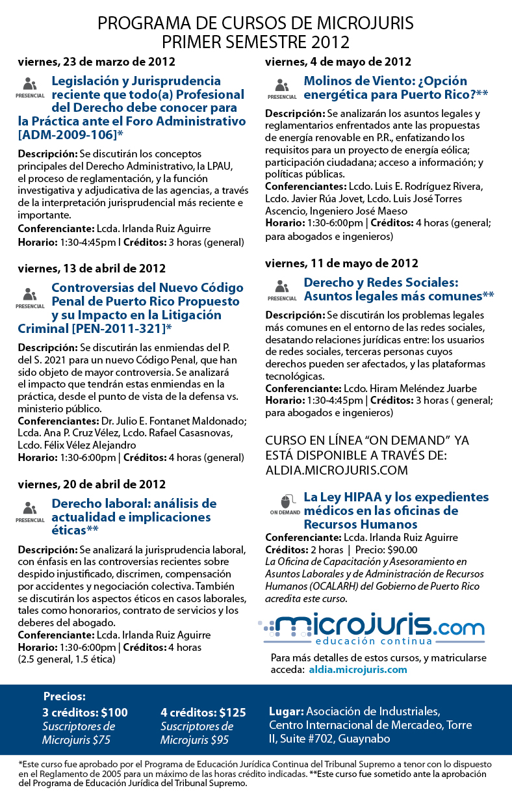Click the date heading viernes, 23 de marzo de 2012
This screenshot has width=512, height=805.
click(96, 62)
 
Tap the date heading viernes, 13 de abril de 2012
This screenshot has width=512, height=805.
click(92, 269)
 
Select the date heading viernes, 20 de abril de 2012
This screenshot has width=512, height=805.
click(92, 484)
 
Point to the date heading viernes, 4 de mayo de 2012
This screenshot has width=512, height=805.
click(338, 62)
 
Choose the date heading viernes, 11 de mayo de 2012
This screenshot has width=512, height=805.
click(341, 263)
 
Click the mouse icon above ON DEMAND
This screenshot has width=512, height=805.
click(284, 501)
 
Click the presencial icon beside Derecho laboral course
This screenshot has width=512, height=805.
click(30, 508)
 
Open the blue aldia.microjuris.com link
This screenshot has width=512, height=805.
click(358, 669)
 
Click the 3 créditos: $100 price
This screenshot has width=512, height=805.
click(85, 712)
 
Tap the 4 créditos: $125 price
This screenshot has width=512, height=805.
click(203, 712)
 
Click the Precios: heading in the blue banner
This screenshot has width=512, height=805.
click(64, 696)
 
